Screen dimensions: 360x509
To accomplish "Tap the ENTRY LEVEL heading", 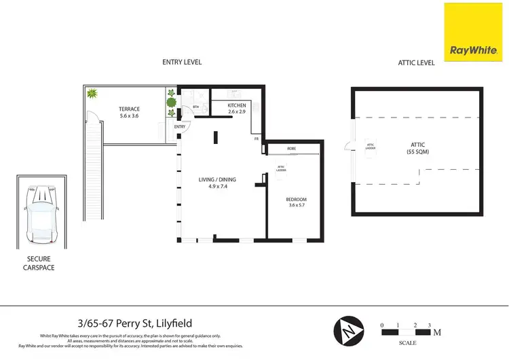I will [182, 62].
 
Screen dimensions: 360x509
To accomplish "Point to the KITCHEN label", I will [237, 105].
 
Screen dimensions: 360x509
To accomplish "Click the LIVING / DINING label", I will [217, 179].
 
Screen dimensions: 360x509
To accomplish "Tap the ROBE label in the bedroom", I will [291, 148].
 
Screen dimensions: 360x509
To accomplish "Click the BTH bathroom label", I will [195, 107].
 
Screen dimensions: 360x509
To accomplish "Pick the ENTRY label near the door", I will [180, 127].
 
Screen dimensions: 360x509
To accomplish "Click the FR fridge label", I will [257, 139].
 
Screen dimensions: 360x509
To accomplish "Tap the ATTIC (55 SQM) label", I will [418, 147].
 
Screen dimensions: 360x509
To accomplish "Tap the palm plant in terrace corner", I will [91, 94].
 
